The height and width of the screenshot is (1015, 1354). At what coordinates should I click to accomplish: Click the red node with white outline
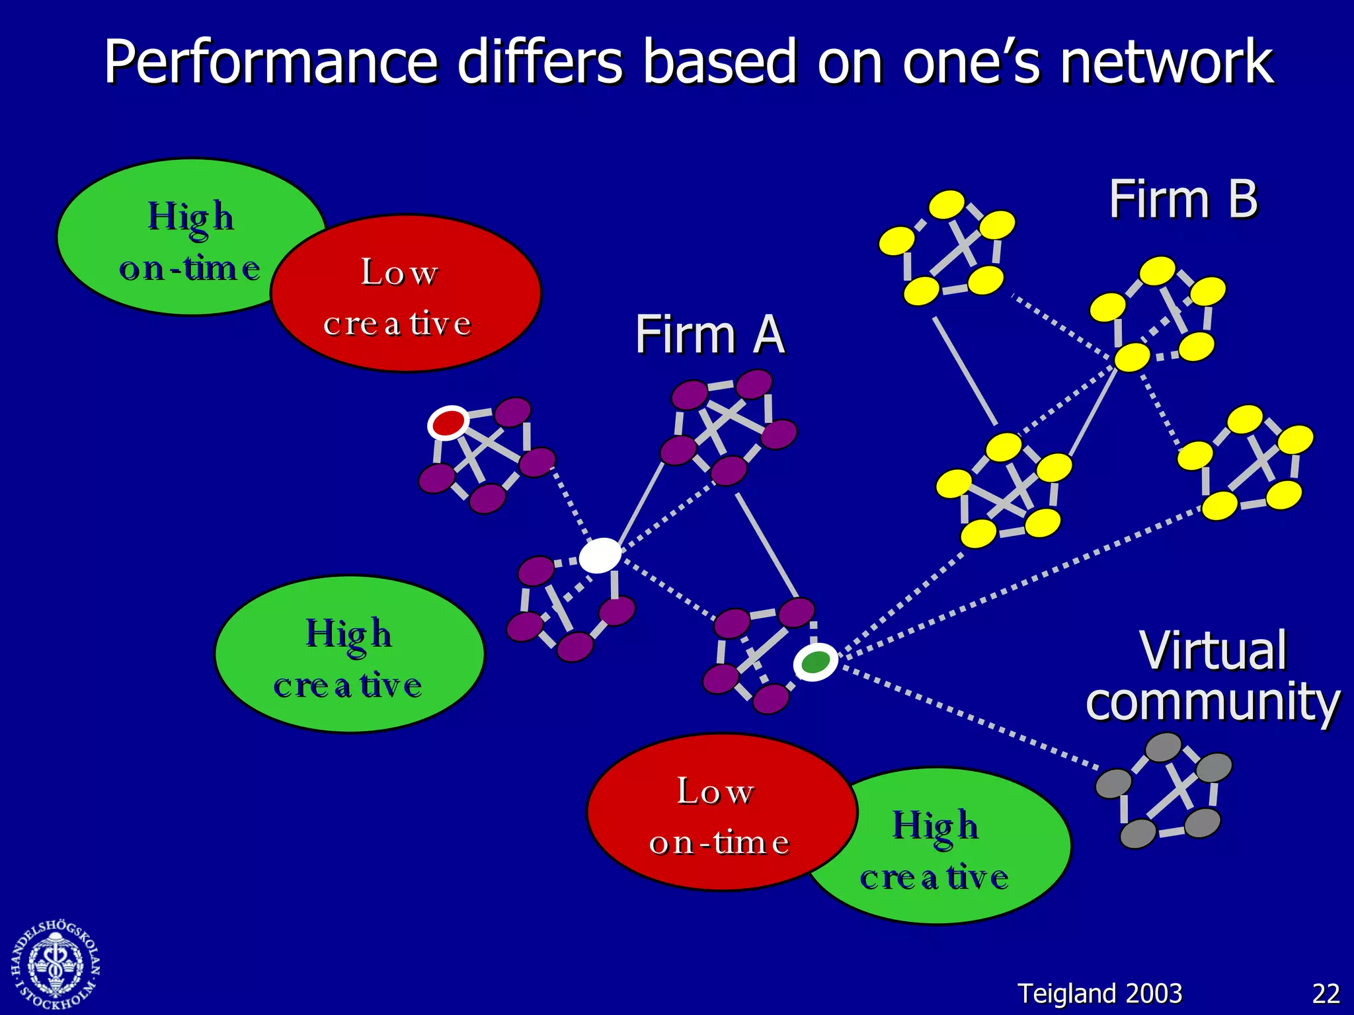click(448, 422)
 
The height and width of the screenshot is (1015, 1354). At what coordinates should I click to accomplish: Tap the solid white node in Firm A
click(600, 555)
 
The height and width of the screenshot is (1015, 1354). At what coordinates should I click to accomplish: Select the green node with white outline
click(815, 661)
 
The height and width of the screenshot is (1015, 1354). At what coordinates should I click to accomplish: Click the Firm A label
click(709, 334)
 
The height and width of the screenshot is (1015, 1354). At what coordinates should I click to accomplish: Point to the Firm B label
click(1183, 199)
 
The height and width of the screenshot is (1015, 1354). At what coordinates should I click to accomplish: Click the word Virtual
click(1213, 651)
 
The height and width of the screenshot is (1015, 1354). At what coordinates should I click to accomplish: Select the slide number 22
click(1326, 994)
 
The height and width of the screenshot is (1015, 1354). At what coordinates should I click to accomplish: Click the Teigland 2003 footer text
click(1099, 994)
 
